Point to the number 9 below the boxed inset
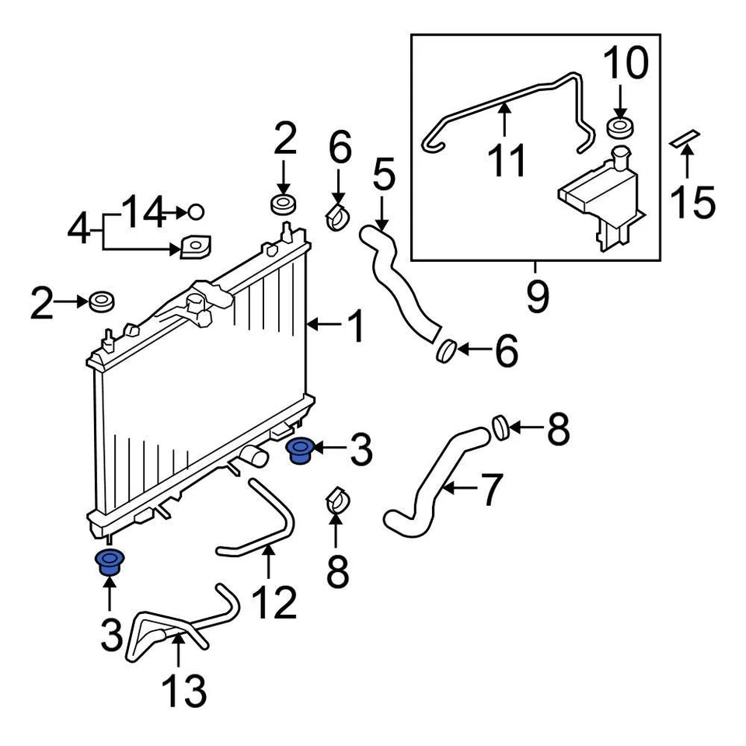(x=536, y=295)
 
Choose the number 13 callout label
(x=184, y=690)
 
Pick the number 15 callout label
(x=692, y=201)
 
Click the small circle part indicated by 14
(x=196, y=211)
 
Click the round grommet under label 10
(x=619, y=128)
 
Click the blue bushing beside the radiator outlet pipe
(x=298, y=450)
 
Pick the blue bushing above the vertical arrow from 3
(x=109, y=561)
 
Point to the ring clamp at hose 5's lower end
(x=445, y=351)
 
